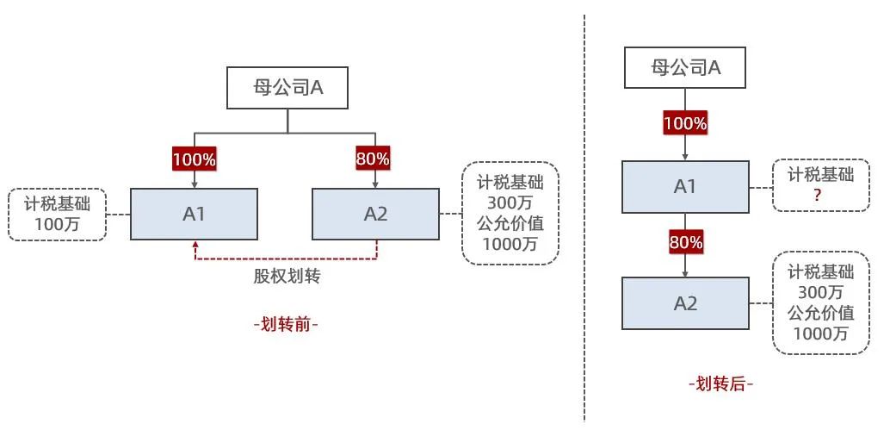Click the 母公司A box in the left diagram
coord(288,90)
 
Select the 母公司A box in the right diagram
coord(685,67)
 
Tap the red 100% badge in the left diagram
coord(194,159)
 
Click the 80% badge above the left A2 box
coord(373,159)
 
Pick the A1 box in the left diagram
coord(194,214)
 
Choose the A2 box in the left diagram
coord(375,214)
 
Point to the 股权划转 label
coord(287,277)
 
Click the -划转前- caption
coord(286,325)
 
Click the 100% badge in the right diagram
coord(685,123)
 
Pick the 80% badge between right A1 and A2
coord(685,243)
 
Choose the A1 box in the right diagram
coord(685,186)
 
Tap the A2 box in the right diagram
coord(685,303)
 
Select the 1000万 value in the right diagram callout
coord(822,333)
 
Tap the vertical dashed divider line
coord(584,215)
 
